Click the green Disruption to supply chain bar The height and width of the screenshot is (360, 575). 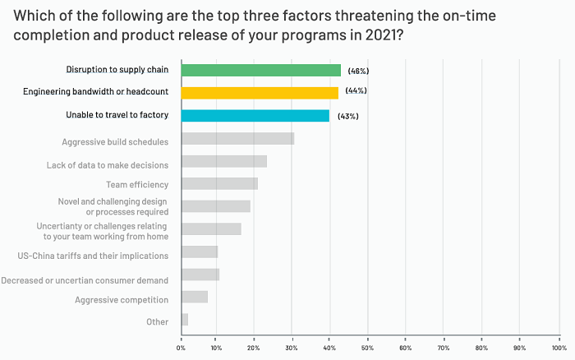tap(260, 70)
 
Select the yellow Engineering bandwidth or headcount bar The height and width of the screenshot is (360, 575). tap(260, 93)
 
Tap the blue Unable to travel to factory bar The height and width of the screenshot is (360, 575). tap(255, 116)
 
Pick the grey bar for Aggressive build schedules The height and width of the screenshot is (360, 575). tap(237, 139)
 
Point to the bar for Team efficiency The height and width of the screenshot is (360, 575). tap(219, 184)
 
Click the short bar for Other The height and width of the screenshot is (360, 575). tap(185, 320)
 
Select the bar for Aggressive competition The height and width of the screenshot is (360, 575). tap(195, 297)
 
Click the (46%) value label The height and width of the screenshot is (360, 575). tap(358, 71)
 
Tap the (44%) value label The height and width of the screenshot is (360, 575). tap(356, 91)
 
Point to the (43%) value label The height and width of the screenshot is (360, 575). tap(347, 116)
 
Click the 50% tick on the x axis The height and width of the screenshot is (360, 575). tap(368, 348)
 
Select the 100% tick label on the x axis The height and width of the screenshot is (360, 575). tap(558, 348)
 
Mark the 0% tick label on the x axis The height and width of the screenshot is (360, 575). tap(181, 348)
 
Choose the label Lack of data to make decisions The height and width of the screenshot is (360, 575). tap(108, 165)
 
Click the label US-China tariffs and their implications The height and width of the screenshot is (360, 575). tap(93, 256)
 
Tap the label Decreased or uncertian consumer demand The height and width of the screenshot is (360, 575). tap(85, 281)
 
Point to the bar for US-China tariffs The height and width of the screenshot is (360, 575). tap(200, 252)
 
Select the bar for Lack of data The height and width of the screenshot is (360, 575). tap(223, 162)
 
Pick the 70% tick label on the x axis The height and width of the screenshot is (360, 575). tap(444, 348)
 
